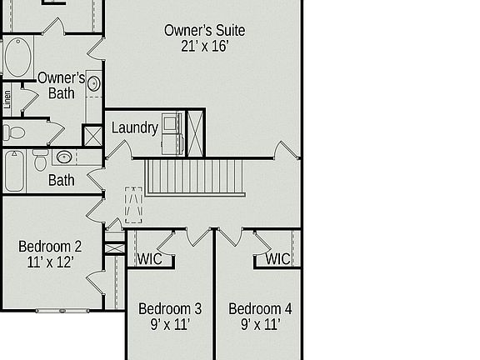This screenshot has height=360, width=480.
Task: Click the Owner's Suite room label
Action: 204,31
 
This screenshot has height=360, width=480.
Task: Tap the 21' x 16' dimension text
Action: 204,47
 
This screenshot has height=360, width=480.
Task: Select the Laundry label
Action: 134,127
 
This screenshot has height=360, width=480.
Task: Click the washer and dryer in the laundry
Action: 172,133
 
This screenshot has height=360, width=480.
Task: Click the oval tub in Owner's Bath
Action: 17,57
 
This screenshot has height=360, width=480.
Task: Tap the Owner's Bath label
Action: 61,85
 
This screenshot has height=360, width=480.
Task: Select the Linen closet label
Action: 7,100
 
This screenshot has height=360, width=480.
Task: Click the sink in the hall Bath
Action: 65,157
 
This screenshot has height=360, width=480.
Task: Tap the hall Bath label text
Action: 61,180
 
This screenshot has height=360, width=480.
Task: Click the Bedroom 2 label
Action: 50,247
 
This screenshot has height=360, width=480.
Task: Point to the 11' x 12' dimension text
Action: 50,262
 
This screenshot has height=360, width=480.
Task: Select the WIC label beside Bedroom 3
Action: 150,259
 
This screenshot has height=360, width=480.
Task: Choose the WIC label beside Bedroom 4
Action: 278,259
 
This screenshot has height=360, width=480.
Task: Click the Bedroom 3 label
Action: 170,309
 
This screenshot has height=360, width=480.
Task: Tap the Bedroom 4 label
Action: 260,309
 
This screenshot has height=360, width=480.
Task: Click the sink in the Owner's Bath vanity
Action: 93,83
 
